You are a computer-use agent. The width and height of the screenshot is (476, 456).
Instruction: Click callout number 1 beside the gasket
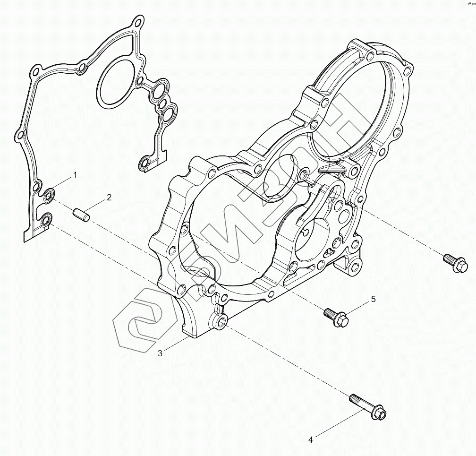click(75, 175)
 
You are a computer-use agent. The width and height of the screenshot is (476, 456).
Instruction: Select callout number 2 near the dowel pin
click(109, 198)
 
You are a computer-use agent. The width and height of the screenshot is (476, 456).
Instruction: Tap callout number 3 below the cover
click(160, 353)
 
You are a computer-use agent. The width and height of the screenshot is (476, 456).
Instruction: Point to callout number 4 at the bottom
click(310, 439)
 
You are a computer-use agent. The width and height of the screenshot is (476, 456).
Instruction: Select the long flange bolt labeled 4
click(368, 407)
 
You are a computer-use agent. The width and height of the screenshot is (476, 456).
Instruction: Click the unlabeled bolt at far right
click(454, 263)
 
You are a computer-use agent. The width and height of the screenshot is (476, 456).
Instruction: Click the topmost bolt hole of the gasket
click(138, 22)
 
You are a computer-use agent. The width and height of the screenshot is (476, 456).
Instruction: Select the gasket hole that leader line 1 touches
click(50, 194)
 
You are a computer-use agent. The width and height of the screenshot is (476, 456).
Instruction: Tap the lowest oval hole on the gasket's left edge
click(46, 219)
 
